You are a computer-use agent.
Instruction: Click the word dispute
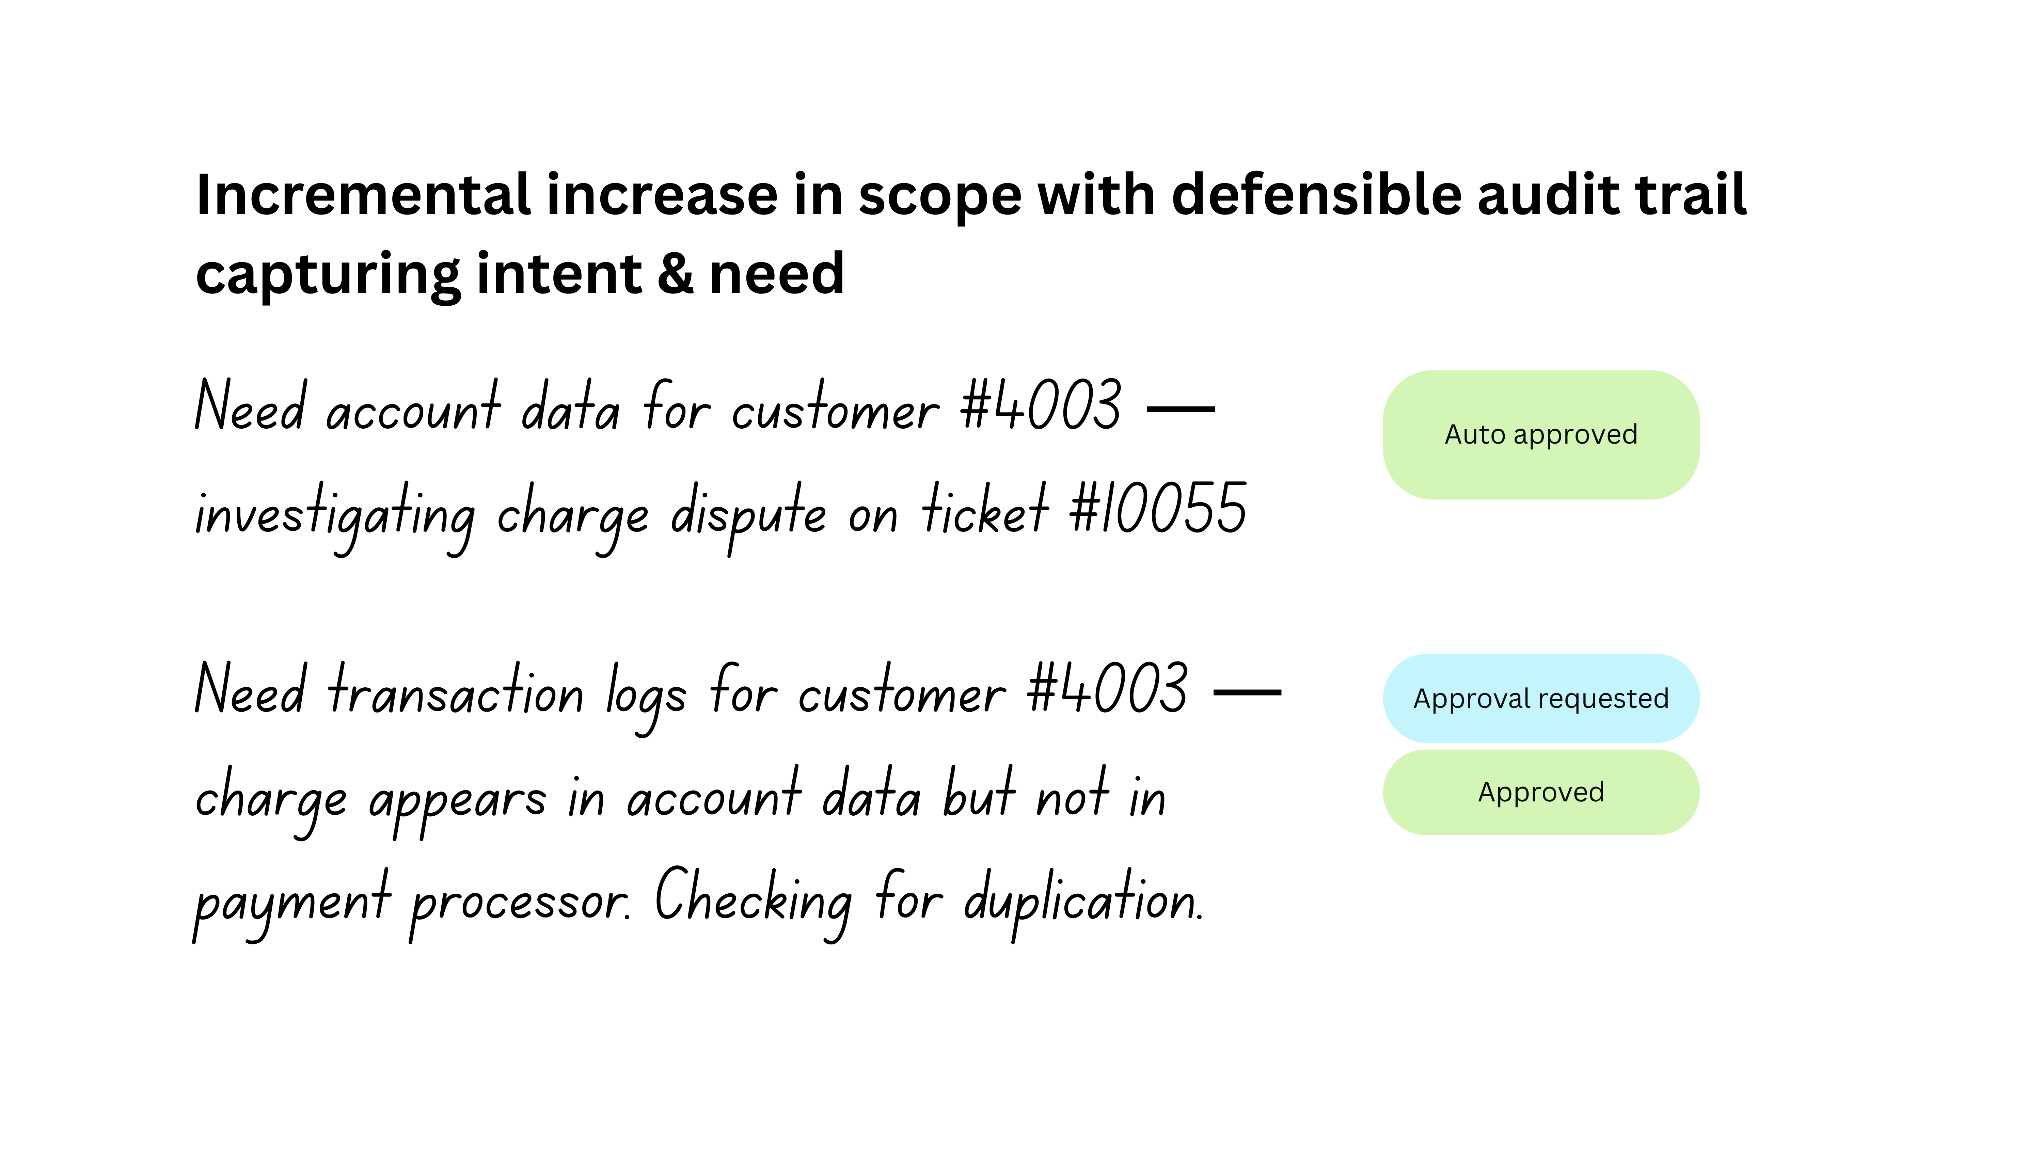tap(748, 514)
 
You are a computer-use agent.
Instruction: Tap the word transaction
tap(456, 691)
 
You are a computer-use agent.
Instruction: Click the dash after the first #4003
tap(1181, 409)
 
